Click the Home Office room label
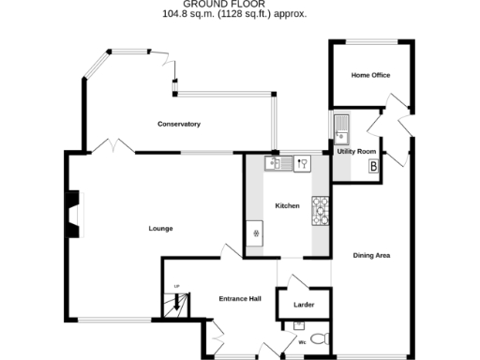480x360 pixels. point(370,75)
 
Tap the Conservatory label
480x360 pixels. point(179,125)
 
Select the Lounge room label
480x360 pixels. point(160,228)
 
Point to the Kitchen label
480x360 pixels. point(287,205)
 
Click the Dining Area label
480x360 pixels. point(371,255)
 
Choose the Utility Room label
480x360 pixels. point(357,151)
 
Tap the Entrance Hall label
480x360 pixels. point(239,299)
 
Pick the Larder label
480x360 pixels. point(303,305)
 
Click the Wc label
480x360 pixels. point(303,342)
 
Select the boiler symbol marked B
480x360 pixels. point(373,167)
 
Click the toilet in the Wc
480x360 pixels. point(320,339)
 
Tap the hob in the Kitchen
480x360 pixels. point(321,211)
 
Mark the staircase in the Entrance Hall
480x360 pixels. point(174,304)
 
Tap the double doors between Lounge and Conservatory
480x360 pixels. point(113,146)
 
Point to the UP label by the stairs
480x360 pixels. point(175,286)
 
